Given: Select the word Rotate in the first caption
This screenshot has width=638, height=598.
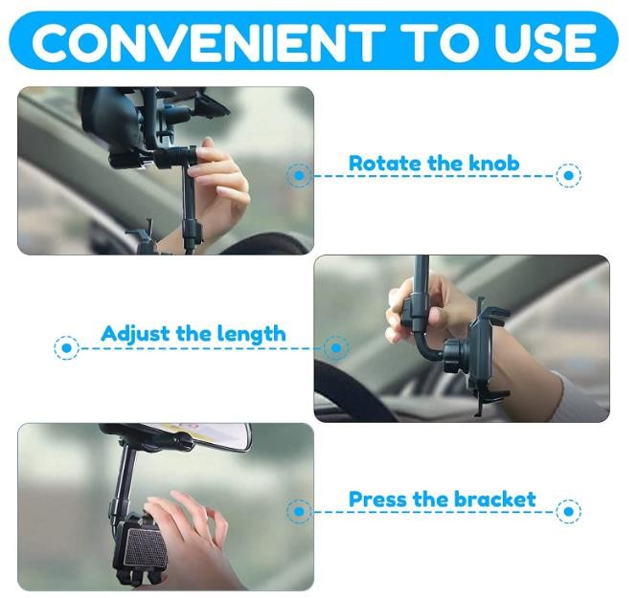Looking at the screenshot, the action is click(384, 163).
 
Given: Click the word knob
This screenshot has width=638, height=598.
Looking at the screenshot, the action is click(494, 163).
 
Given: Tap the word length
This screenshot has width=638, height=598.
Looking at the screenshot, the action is click(251, 335).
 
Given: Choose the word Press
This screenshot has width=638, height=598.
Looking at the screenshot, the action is click(378, 498).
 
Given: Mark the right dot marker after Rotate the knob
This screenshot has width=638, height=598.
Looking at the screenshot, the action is click(568, 175).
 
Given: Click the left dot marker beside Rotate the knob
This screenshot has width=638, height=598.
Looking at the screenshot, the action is click(299, 175).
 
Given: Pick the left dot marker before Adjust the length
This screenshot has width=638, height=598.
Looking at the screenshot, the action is click(66, 348).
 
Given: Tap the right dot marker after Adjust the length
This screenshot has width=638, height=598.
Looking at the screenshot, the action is click(336, 348).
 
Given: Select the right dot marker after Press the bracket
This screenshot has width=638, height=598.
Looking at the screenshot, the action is click(568, 511).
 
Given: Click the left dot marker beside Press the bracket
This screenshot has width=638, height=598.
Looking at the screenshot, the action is click(299, 511).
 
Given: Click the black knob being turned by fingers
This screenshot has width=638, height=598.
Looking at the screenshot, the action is click(175, 157).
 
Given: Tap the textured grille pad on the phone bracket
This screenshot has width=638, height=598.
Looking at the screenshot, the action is click(146, 546).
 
